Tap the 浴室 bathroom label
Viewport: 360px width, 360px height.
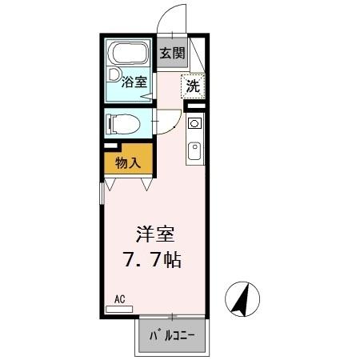[x=134, y=81]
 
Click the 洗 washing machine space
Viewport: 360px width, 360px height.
[x=194, y=86]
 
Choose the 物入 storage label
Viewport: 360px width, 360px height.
[x=128, y=163]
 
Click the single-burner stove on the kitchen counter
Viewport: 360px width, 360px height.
[x=194, y=124]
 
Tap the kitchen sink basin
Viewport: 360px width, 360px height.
[x=194, y=150]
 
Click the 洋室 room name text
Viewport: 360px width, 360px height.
[x=154, y=237]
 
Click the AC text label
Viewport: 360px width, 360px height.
[x=120, y=299]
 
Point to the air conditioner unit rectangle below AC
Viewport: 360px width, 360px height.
[x=120, y=309]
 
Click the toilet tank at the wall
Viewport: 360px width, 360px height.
[x=110, y=124]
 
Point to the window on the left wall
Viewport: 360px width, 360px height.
[x=102, y=196]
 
